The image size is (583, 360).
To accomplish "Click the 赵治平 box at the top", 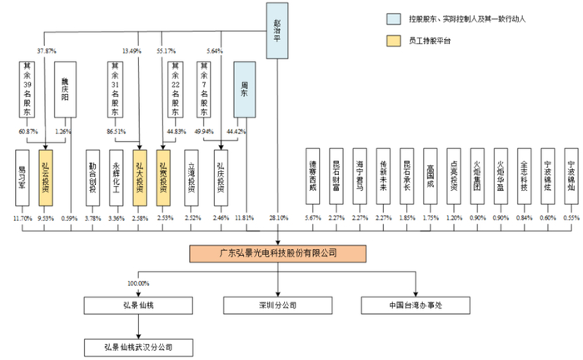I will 277,29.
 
